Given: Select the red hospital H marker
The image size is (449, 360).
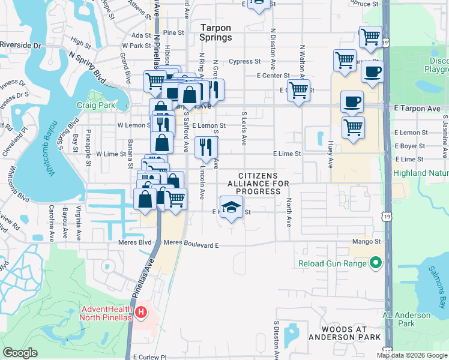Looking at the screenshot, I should (x=140, y=312).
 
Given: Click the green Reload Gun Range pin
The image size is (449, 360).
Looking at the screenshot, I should (x=376, y=263).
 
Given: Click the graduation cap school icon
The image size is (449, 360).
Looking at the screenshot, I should (x=231, y=207).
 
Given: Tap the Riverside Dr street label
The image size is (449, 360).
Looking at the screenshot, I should (x=20, y=45).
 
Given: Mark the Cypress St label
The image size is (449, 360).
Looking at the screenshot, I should (x=244, y=61).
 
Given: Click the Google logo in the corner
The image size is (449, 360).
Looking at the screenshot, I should (x=20, y=353).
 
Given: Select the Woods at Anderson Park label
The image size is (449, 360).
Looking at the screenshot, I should (x=345, y=333).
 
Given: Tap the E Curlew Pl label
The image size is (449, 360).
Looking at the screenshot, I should (x=149, y=356).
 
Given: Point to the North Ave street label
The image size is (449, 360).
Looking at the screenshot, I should (x=288, y=212).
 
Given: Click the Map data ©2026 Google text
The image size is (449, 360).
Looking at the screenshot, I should (x=412, y=355).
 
